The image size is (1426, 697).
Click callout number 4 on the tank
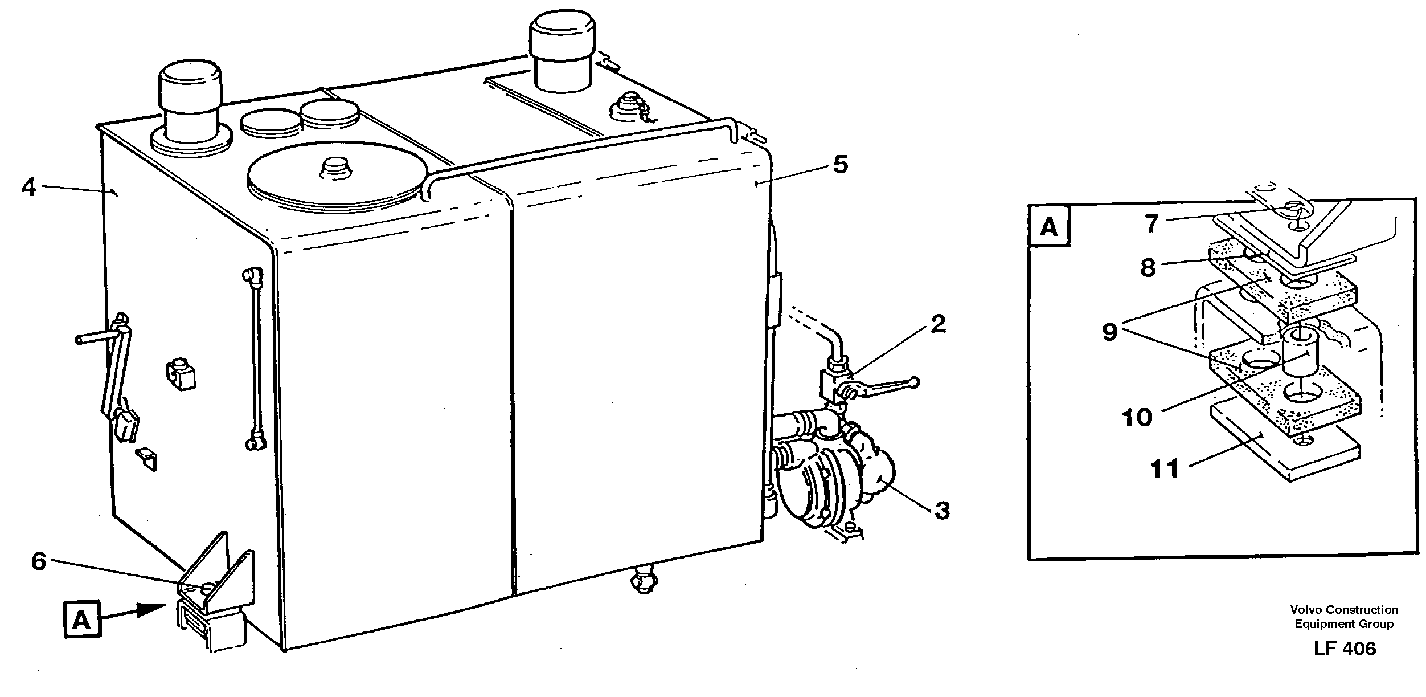[x=29, y=187]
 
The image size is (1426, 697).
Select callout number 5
[x=840, y=165]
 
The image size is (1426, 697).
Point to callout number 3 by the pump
[x=943, y=510]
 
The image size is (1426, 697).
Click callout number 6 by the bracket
[x=39, y=561]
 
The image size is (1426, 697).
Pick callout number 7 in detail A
[x=1152, y=223]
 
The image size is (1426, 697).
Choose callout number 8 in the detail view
[x=1148, y=267]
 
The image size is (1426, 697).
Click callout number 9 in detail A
[x=1109, y=331]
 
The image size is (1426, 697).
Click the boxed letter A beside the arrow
[x=82, y=620]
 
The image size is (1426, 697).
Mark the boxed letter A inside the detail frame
[x=1049, y=227]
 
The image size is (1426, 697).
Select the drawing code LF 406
[x=1345, y=649]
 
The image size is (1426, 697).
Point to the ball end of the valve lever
[x=913, y=382]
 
